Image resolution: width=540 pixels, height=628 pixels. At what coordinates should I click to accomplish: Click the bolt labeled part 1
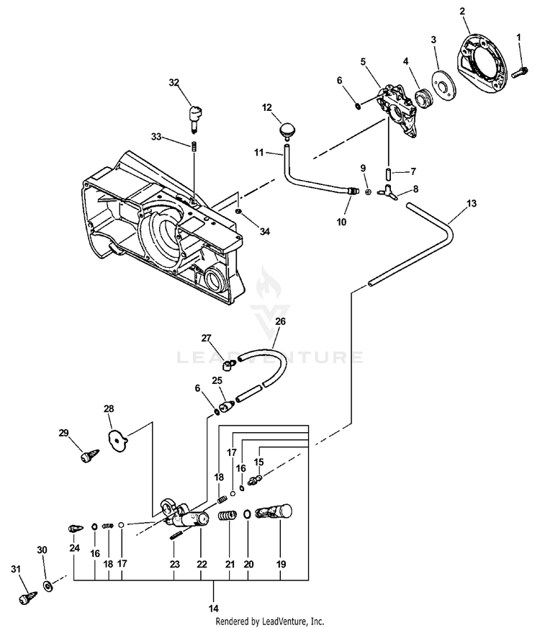click(518, 71)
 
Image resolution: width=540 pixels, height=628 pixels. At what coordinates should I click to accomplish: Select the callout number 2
click(462, 11)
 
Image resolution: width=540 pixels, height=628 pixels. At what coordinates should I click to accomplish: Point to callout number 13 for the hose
click(471, 204)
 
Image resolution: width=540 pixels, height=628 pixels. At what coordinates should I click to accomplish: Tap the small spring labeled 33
click(194, 147)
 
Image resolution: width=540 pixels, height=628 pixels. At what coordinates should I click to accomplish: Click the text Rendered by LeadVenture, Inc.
click(270, 620)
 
